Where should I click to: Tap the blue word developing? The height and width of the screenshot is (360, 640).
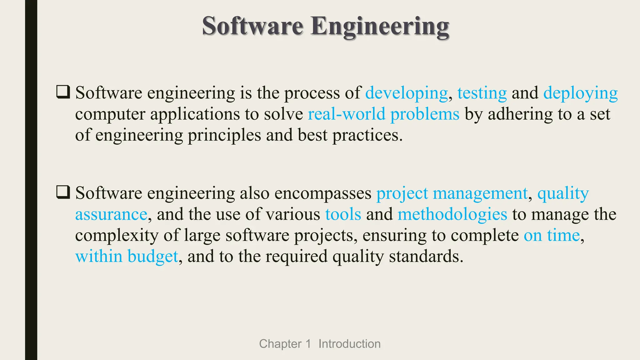pyautogui.click(x=406, y=93)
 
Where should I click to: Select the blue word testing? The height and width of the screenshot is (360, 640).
pyautogui.click(x=482, y=93)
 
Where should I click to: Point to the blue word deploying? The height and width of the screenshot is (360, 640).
pyautogui.click(x=580, y=93)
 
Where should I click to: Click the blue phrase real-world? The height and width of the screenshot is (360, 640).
pyautogui.click(x=346, y=114)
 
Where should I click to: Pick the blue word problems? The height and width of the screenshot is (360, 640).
pyautogui.click(x=425, y=114)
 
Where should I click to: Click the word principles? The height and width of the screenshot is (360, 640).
pyautogui.click(x=224, y=136)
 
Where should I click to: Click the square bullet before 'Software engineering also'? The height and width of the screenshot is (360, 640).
pyautogui.click(x=63, y=192)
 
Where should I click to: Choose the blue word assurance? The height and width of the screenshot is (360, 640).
pyautogui.click(x=111, y=215)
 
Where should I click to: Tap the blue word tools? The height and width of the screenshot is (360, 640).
pyautogui.click(x=343, y=215)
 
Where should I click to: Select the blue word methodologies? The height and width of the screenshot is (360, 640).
pyautogui.click(x=452, y=215)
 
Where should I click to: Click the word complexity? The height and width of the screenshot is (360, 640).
pyautogui.click(x=117, y=236)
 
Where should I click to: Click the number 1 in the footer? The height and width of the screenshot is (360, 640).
pyautogui.click(x=308, y=344)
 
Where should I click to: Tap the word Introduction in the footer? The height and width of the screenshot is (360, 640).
pyautogui.click(x=349, y=344)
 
